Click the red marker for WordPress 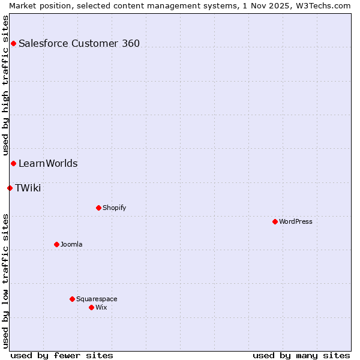[x=275, y=221]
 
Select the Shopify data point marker [x=98, y=208]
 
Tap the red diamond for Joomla [x=56, y=244]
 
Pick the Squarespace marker [x=72, y=299]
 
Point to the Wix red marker [x=91, y=307]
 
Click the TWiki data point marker [x=10, y=188]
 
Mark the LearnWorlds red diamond [x=13, y=163]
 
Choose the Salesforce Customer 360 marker [x=13, y=43]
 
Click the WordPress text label [x=296, y=221]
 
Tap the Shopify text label [x=115, y=208]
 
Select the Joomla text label [x=71, y=244]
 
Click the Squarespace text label [x=97, y=299]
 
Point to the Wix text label [x=101, y=307]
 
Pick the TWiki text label [x=28, y=188]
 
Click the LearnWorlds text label [x=48, y=163]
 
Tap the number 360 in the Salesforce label [x=130, y=43]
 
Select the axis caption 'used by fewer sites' [x=62, y=355]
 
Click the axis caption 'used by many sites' [x=301, y=355]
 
